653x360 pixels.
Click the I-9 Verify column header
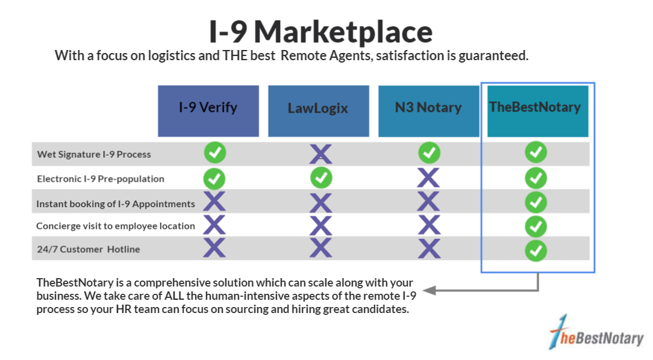point(208,111)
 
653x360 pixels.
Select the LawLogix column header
point(319,111)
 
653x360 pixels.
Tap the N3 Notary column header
point(428,111)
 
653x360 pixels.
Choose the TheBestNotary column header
point(538,111)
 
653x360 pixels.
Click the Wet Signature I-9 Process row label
point(94,154)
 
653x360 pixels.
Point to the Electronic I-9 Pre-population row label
point(101,179)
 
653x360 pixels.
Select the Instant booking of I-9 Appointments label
point(116,204)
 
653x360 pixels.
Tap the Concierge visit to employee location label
point(116,226)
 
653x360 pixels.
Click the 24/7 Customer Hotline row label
point(89,249)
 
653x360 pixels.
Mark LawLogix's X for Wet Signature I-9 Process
point(320,154)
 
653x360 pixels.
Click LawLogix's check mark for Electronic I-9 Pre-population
point(321,178)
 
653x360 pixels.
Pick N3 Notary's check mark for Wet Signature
point(430,153)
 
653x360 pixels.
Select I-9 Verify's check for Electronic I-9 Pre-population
point(214,179)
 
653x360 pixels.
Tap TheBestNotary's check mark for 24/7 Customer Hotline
point(536,250)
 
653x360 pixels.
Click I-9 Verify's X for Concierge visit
point(214,225)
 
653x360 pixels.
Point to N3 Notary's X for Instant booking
point(428,202)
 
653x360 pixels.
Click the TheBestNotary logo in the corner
point(597,332)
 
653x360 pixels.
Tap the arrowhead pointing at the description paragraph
point(429,290)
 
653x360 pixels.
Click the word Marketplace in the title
point(343,32)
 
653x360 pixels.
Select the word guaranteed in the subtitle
point(493,56)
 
